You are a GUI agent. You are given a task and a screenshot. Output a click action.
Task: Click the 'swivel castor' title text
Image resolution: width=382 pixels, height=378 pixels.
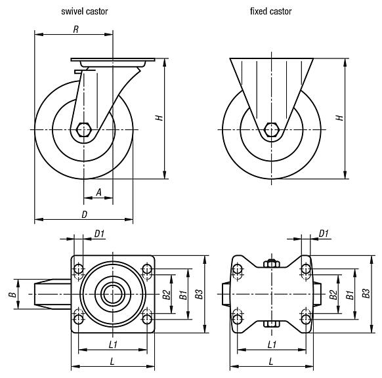pos(84,12)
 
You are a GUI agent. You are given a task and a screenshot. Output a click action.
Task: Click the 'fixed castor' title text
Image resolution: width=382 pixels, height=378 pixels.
pos(270,12)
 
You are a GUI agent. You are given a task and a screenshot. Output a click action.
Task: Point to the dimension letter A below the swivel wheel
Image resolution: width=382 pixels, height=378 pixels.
pos(98,192)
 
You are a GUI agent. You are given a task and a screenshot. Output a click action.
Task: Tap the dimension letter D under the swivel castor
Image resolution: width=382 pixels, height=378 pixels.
pos(85,214)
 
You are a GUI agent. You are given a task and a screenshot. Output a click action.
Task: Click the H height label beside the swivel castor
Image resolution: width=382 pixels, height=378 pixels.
pos(158,117)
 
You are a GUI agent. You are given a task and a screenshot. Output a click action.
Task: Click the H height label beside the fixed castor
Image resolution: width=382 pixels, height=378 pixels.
pos(339,117)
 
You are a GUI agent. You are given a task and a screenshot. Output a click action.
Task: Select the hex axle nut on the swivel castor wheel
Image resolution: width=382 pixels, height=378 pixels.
pos(84,129)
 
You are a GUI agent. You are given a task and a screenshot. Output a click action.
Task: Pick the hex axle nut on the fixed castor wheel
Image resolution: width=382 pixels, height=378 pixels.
pos(270,129)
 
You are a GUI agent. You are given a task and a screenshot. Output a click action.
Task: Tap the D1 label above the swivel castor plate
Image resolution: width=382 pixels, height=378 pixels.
pos(100,233)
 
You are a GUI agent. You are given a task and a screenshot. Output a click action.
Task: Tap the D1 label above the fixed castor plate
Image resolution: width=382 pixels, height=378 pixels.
pos(323,233)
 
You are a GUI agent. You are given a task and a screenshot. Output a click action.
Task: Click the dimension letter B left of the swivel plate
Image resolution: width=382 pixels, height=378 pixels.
pos(12,295)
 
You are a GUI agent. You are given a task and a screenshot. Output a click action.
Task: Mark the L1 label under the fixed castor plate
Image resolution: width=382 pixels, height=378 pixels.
pos(270,343)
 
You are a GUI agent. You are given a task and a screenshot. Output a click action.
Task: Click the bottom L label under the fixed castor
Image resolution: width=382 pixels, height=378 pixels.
pos(270,361)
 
